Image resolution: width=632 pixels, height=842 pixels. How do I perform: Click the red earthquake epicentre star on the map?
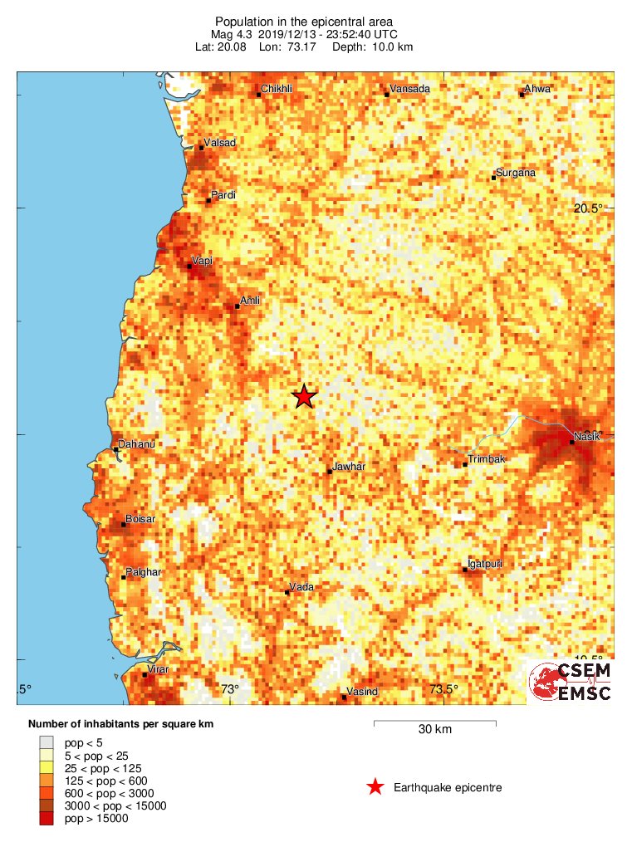[305, 396]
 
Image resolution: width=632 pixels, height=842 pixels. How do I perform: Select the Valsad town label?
[220, 143]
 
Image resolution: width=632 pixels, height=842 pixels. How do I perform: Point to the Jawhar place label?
[349, 467]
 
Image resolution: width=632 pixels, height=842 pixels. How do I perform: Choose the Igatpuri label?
[486, 564]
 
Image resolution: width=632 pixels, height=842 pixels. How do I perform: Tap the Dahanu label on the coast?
[137, 444]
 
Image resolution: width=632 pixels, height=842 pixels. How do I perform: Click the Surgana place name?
[516, 173]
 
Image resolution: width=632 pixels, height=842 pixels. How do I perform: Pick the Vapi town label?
[202, 261]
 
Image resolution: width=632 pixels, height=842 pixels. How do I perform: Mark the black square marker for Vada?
[287, 592]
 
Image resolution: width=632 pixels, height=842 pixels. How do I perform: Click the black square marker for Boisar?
[124, 524]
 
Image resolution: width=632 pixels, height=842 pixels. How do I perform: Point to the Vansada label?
[410, 89]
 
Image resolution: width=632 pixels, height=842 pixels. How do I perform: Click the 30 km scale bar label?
[435, 730]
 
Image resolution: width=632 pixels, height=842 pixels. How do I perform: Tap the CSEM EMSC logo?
[571, 682]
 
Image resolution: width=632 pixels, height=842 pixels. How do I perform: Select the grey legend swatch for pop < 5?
[47, 742]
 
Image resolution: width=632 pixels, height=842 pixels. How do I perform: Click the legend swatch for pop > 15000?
[47, 820]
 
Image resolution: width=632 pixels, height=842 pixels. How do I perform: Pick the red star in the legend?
[375, 786]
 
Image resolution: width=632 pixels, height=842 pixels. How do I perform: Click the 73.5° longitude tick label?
[443, 688]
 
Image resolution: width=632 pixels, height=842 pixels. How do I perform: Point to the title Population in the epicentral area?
[303, 21]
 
